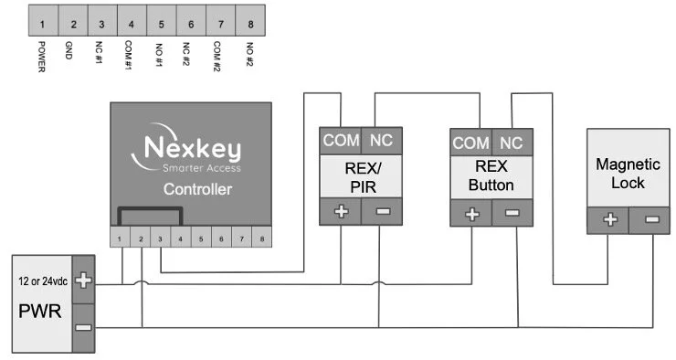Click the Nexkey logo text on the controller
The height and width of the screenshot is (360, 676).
(190, 147)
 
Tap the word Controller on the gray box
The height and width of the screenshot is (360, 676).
(196, 190)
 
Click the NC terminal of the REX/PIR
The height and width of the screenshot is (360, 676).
(380, 142)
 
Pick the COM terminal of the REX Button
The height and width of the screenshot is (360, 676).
(471, 143)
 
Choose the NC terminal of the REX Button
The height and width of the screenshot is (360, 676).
(512, 143)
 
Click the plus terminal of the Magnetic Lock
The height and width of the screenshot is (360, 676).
(610, 220)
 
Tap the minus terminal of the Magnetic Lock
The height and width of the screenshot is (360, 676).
(651, 220)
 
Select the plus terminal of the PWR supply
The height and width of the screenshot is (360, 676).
(83, 281)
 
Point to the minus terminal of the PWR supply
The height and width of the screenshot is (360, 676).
(83, 326)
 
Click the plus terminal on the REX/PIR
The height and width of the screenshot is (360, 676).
(340, 212)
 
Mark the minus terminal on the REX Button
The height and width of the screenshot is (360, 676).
(512, 214)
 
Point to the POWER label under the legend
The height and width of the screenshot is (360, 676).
(42, 58)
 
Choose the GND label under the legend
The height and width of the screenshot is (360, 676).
(71, 50)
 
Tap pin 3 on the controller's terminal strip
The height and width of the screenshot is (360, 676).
(162, 239)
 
